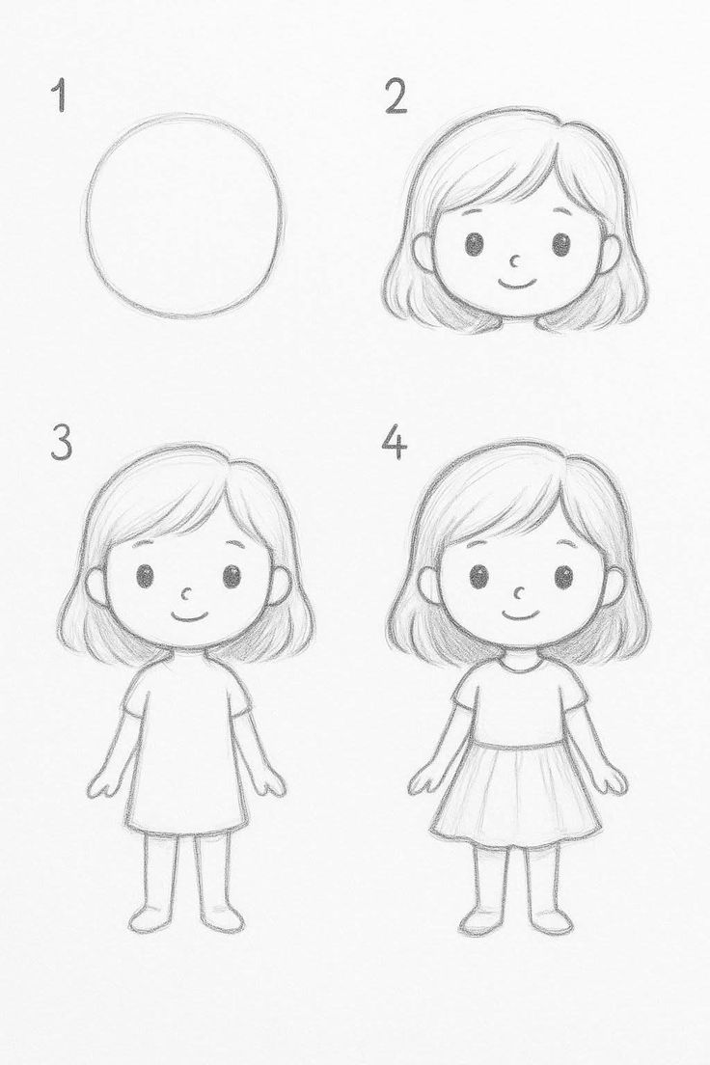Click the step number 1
(x=61, y=97)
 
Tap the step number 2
(x=396, y=97)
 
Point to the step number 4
(x=394, y=442)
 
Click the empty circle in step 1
(x=184, y=215)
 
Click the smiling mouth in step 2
(x=517, y=283)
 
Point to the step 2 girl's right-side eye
(x=561, y=244)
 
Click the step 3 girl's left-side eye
(x=145, y=577)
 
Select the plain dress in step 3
(x=185, y=748)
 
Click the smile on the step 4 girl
(x=521, y=614)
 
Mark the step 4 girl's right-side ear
(x=612, y=587)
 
